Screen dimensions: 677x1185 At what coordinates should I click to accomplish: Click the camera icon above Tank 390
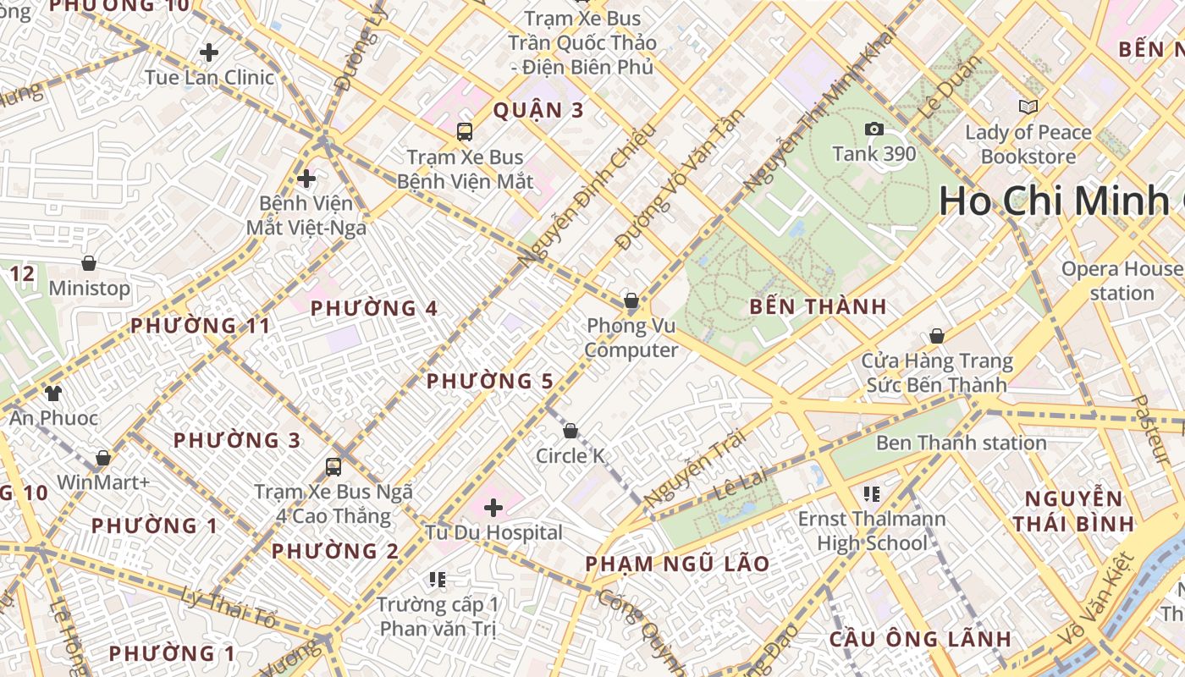pos(874,129)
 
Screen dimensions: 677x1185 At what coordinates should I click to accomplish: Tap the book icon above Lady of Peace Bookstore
pos(1028,107)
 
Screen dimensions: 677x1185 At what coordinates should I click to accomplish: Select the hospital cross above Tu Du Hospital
pos(493,508)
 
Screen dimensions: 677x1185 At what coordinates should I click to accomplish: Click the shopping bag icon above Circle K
pos(570,432)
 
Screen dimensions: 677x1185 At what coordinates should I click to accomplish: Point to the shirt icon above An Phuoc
pos(53,393)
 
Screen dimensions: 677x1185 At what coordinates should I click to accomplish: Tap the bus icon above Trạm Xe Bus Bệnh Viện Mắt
pos(465,132)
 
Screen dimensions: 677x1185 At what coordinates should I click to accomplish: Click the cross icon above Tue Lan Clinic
pos(209,52)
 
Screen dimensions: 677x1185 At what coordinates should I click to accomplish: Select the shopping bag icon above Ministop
pos(89,263)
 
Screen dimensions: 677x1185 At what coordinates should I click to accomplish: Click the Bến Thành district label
pos(818,307)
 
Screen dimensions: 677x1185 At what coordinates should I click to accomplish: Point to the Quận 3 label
pos(538,110)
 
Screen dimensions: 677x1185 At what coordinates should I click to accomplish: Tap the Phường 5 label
pos(489,382)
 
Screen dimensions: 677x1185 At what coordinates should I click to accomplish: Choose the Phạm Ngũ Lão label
pos(677,564)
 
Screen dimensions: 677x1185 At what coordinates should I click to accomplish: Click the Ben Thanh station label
pos(961,443)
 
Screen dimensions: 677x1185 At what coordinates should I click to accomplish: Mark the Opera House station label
pos(1122,281)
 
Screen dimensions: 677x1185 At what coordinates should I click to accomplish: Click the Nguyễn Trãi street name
pos(695,470)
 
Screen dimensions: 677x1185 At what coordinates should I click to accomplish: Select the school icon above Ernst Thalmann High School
pos(872,493)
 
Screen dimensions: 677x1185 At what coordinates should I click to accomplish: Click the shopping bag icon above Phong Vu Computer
pos(631,301)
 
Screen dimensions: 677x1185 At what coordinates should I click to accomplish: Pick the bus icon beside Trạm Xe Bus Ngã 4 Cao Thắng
pos(333,467)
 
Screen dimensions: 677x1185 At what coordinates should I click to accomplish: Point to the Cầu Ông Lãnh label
pos(919,639)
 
